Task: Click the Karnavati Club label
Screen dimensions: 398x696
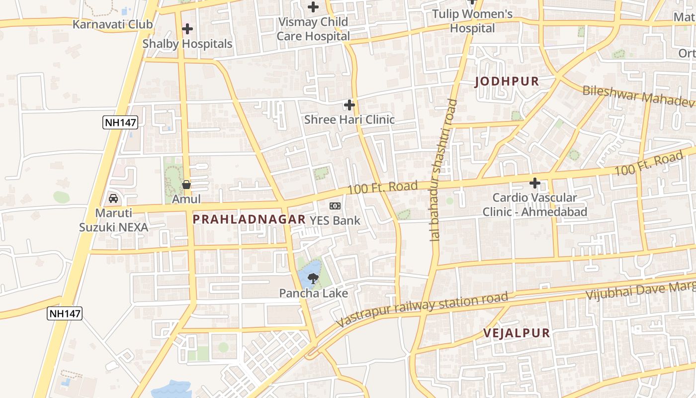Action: click(x=112, y=24)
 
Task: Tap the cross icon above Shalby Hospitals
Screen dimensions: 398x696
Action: click(x=187, y=29)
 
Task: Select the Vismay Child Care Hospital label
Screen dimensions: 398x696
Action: click(x=313, y=29)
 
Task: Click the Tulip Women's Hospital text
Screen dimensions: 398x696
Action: click(x=472, y=21)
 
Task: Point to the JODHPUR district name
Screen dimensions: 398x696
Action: click(x=507, y=82)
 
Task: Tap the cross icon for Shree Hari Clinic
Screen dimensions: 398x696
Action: click(x=349, y=105)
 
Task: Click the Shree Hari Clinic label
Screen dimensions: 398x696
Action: click(x=349, y=119)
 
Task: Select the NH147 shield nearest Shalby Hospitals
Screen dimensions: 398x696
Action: click(x=120, y=122)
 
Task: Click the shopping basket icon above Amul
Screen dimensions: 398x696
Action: click(x=186, y=185)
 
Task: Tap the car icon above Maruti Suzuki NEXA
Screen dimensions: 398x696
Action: click(x=113, y=199)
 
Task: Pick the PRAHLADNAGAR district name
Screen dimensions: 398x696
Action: click(x=249, y=219)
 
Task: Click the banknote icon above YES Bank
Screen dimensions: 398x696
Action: click(x=335, y=206)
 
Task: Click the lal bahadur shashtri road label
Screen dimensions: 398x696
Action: click(x=444, y=169)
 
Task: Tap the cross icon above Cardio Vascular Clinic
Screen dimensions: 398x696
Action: click(x=535, y=183)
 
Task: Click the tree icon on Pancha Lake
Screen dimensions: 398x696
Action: click(x=313, y=279)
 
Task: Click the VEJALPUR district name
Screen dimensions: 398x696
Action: click(x=517, y=333)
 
